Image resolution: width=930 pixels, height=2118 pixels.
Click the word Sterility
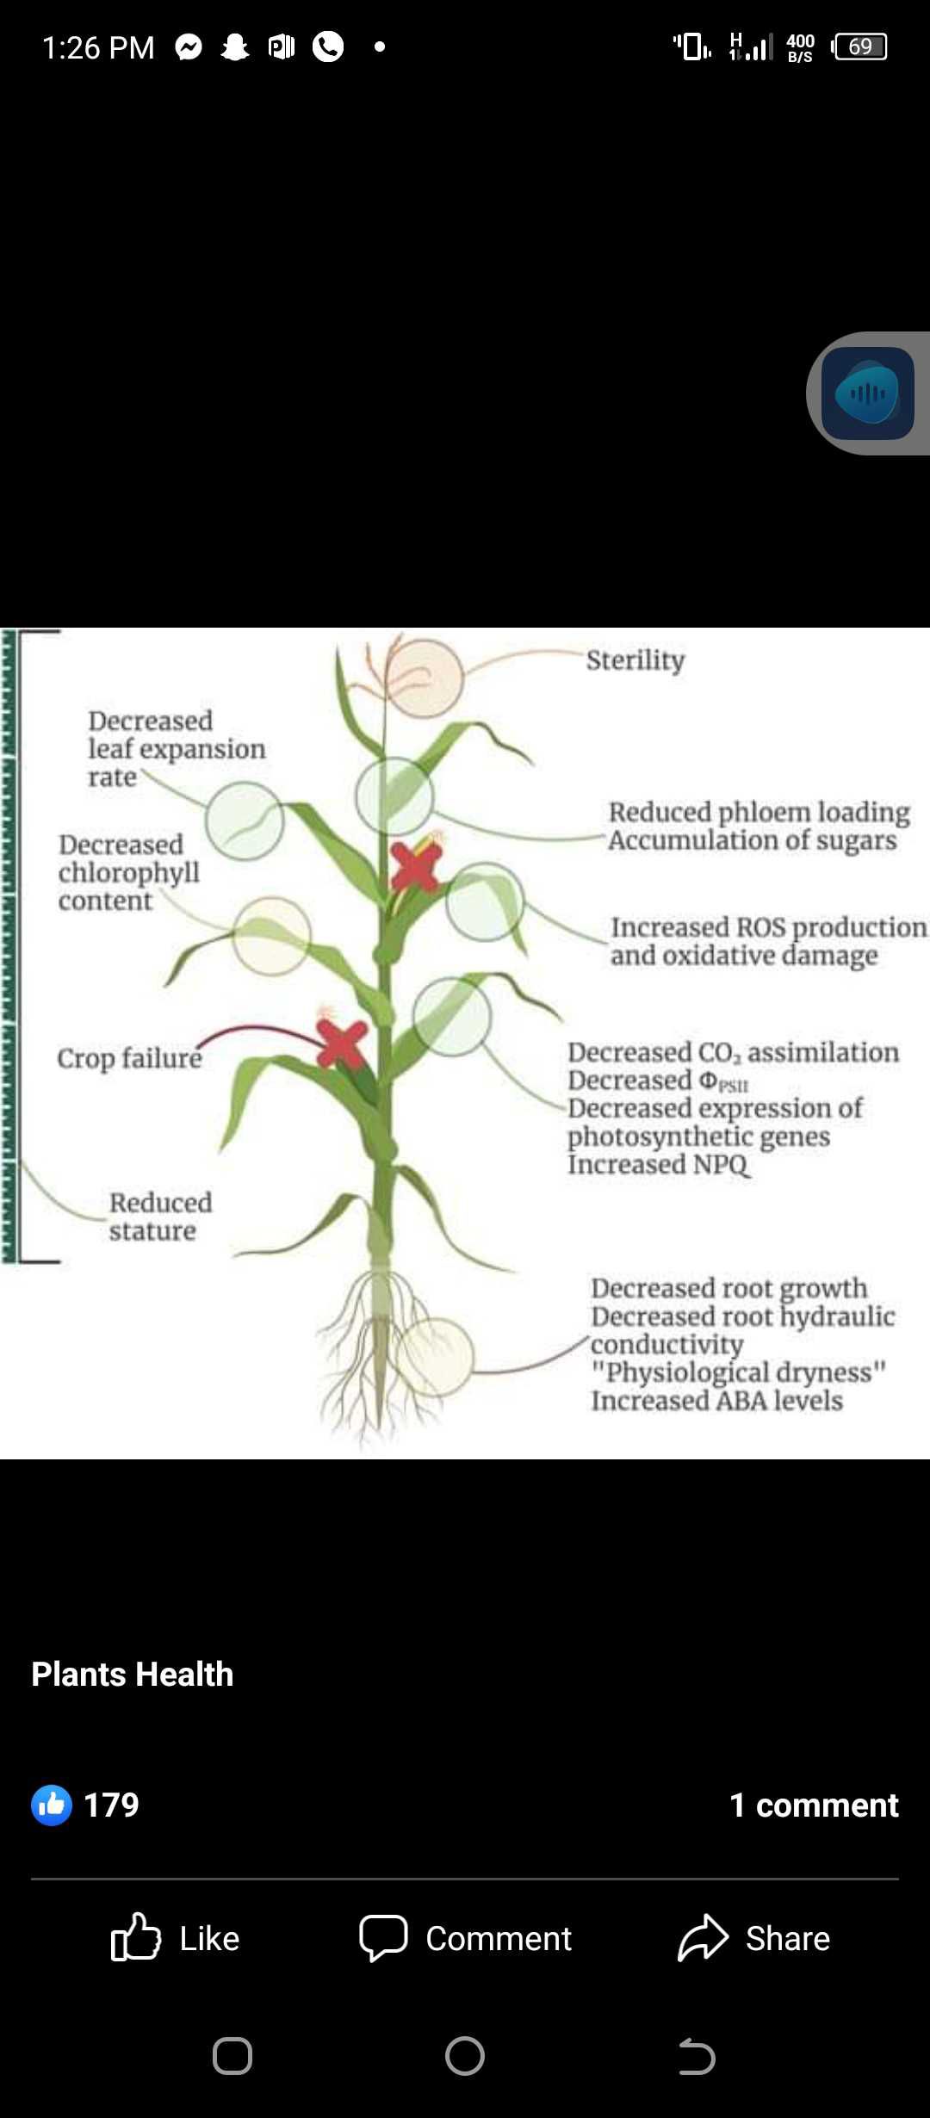(635, 660)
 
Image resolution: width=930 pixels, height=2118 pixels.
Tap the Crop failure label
(129, 1058)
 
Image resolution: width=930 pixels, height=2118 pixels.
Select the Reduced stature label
(160, 1217)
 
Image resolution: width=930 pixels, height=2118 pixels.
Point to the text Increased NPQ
(658, 1165)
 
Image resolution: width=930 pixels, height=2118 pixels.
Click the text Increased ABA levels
(716, 1401)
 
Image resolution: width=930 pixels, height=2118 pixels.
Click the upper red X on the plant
(416, 866)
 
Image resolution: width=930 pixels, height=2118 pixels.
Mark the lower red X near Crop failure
(342, 1044)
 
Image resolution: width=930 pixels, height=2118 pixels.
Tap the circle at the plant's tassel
(424, 679)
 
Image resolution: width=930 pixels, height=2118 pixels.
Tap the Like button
(176, 1938)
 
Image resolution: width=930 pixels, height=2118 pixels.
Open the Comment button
(465, 1938)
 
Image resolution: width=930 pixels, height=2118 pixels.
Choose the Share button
(754, 1938)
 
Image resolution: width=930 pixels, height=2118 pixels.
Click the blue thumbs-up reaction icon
(52, 1805)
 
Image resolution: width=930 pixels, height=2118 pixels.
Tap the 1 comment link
(814, 1805)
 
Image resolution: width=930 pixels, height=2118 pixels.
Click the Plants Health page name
(133, 1674)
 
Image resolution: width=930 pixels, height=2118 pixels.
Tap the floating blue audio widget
(868, 393)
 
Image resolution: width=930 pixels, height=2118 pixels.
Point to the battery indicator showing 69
(859, 46)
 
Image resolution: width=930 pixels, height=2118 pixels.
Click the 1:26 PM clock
(98, 47)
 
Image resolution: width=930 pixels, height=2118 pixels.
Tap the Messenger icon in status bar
(189, 47)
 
